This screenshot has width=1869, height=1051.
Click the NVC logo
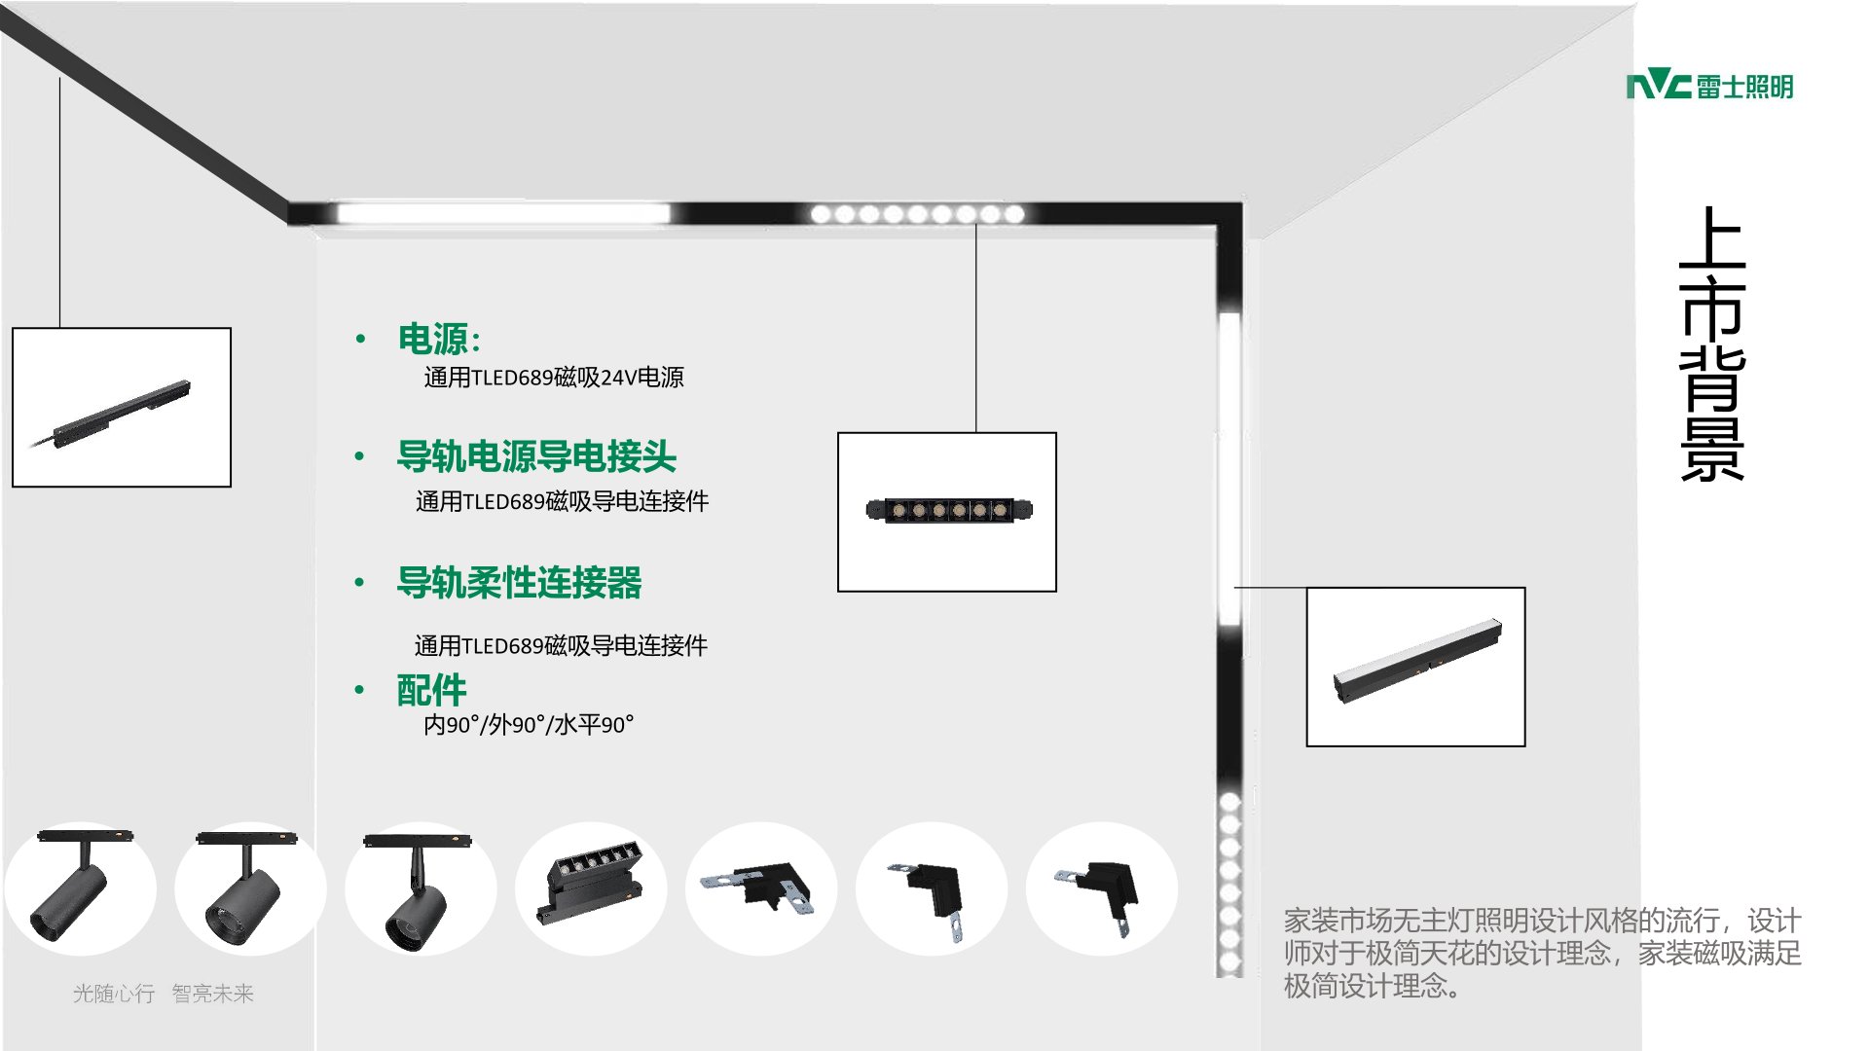(x=1709, y=87)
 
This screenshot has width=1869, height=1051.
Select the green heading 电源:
(x=439, y=339)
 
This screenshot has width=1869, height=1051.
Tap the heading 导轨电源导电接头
(x=536, y=455)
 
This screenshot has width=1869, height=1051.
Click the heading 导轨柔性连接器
(x=519, y=582)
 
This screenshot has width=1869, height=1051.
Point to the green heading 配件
(x=431, y=690)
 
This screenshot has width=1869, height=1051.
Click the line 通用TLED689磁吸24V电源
(x=554, y=378)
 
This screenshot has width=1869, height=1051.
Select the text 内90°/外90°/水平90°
(x=529, y=725)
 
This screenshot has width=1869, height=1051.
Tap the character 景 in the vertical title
(x=1712, y=450)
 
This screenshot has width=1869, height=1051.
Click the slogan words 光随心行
(x=114, y=994)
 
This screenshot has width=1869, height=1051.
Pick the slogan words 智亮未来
(x=212, y=994)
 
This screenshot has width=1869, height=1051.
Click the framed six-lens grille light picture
(x=947, y=512)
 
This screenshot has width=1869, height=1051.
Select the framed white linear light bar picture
(x=1415, y=667)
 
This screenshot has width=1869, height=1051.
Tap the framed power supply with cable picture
(x=122, y=407)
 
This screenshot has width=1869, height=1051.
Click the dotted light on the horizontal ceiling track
(x=917, y=213)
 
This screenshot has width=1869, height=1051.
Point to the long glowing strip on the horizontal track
(x=502, y=213)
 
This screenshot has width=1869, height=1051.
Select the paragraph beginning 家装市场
(x=1542, y=953)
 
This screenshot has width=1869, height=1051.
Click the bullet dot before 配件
(x=359, y=690)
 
